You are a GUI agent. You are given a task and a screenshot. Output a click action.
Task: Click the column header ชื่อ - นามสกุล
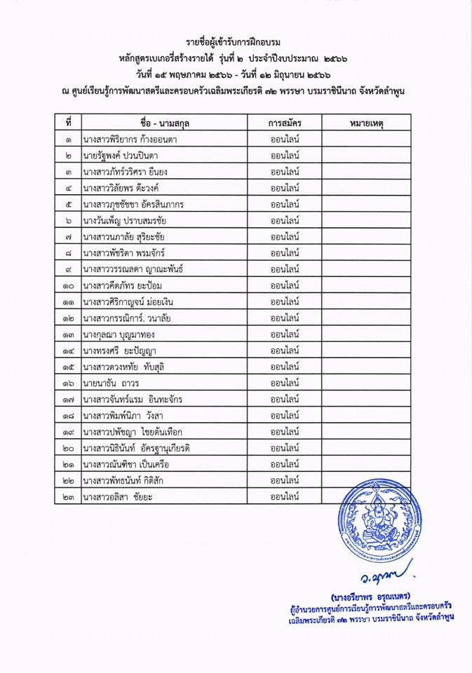165,123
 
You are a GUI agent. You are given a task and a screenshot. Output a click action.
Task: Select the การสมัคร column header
285,123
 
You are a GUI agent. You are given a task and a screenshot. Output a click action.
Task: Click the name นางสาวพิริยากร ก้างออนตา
129,140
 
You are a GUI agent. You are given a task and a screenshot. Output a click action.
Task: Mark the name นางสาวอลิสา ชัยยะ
117,497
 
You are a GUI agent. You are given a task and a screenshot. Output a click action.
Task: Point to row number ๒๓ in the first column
68,497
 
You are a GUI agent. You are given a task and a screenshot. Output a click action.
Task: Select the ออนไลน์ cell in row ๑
285,140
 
